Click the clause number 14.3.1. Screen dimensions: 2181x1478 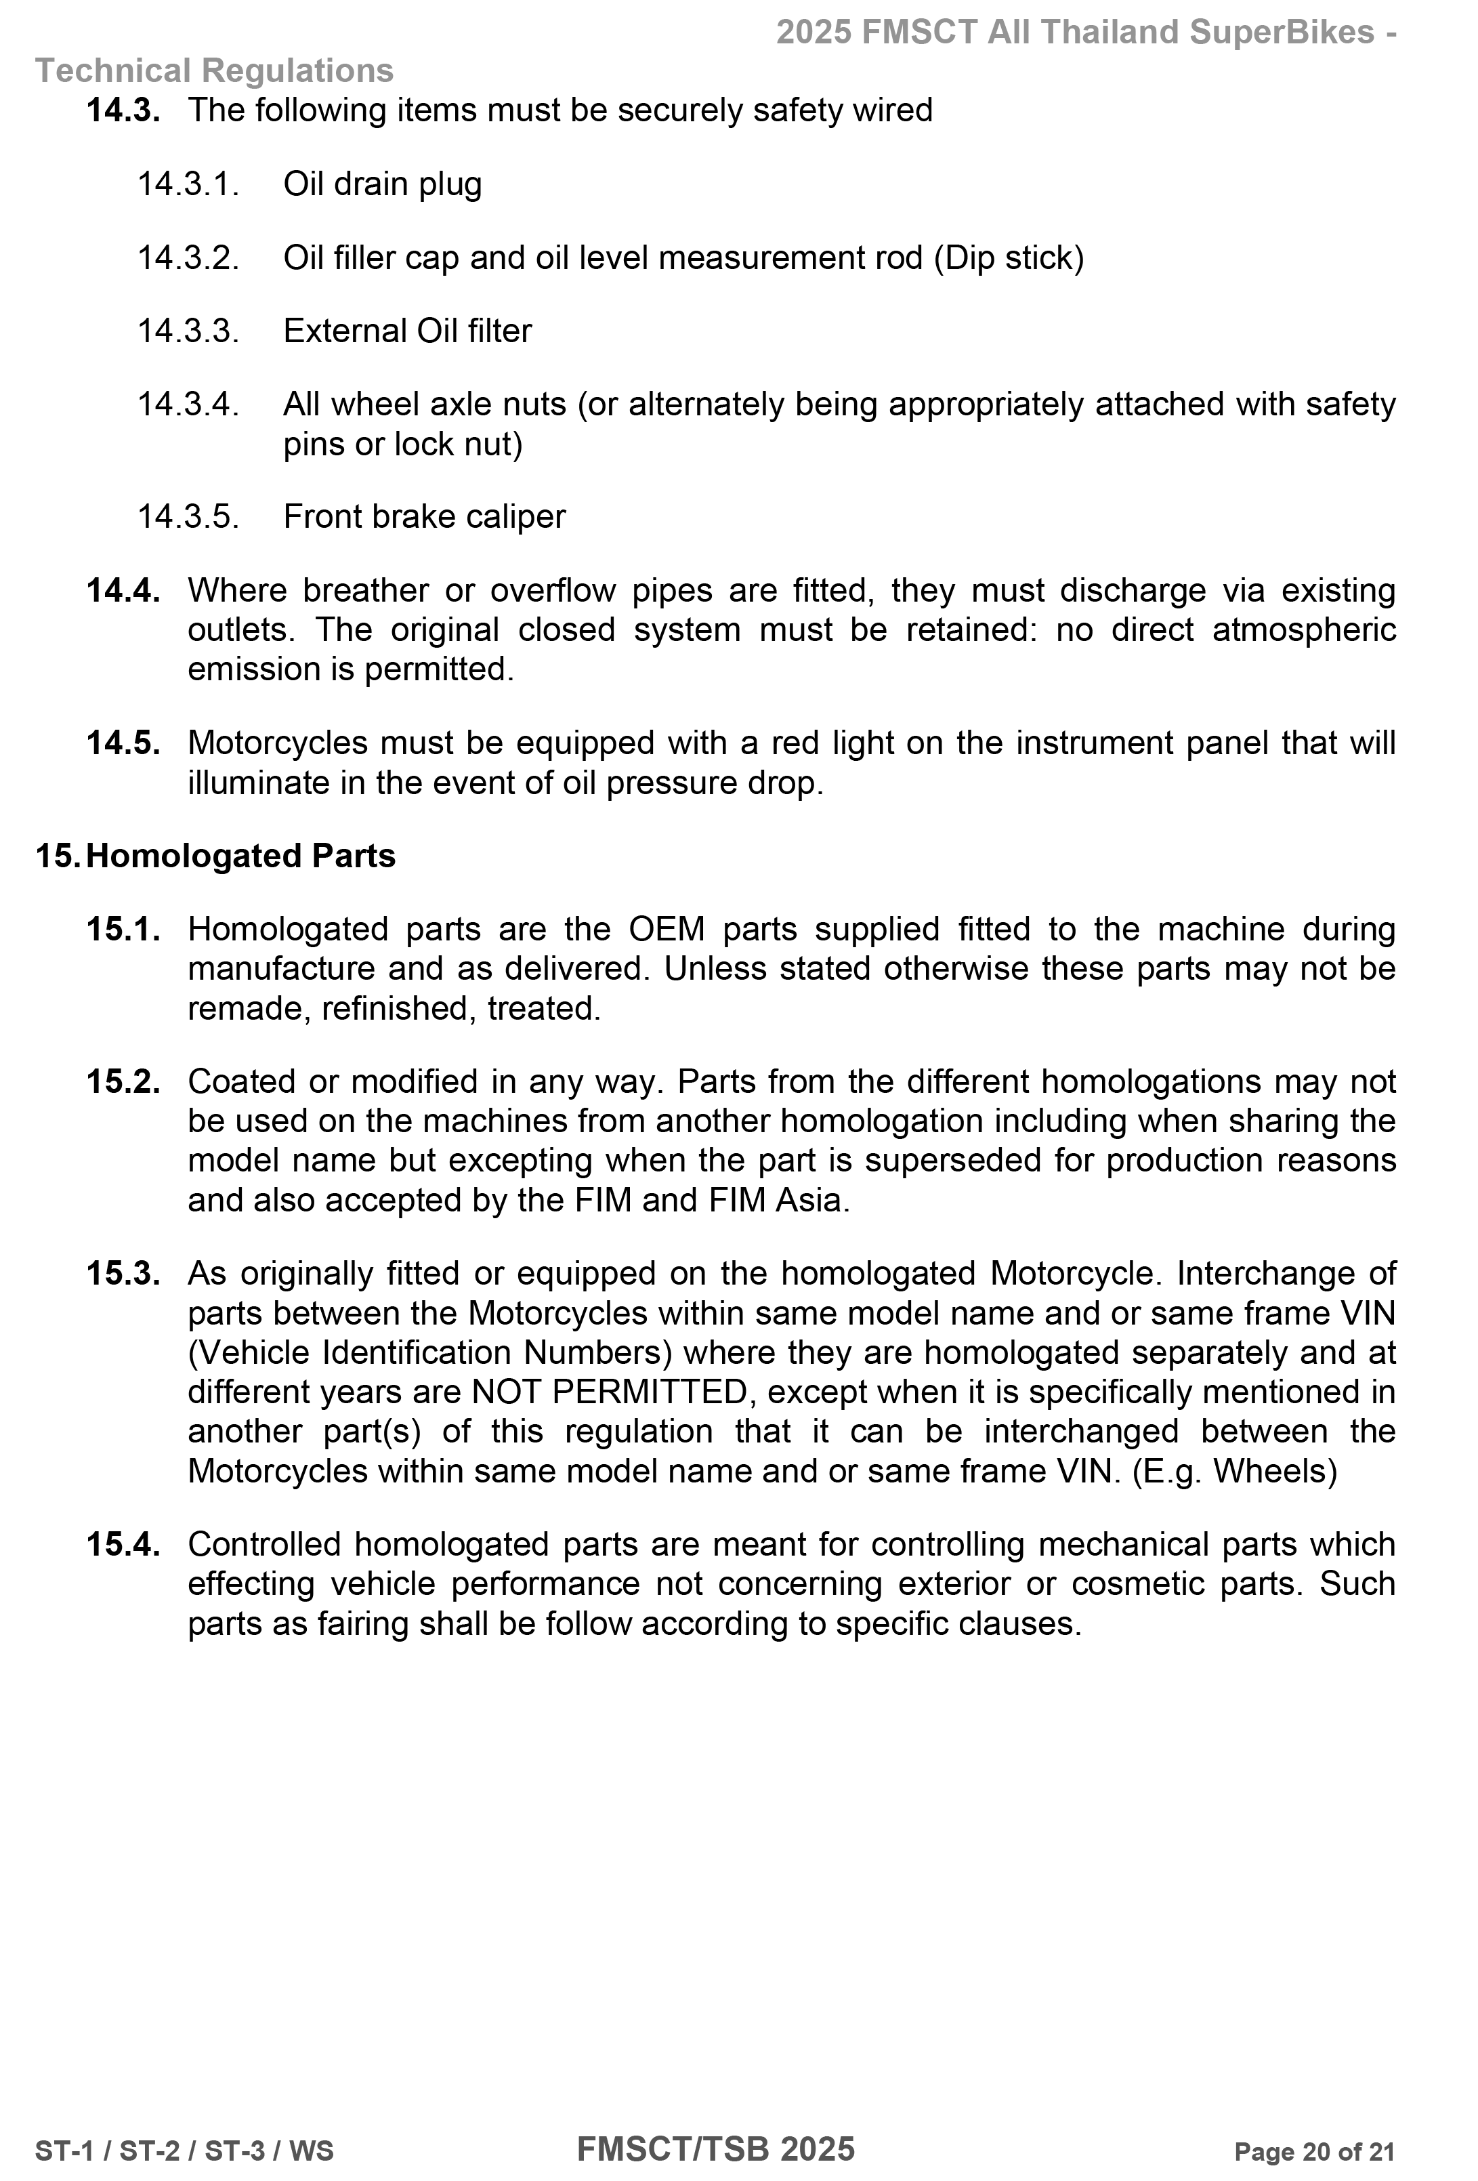188,184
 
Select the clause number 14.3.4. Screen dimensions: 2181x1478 188,404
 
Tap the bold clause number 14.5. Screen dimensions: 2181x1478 123,743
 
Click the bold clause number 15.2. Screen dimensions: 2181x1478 123,1082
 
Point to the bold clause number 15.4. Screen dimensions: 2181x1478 123,1545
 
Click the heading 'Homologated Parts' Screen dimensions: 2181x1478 240,856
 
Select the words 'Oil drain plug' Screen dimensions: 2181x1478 382,184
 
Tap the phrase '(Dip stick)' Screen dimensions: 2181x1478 1008,257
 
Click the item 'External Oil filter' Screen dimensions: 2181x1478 407,331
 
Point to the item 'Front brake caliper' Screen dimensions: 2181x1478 424,517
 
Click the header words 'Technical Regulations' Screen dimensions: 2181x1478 214,71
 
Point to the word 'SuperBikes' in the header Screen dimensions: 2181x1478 1282,33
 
